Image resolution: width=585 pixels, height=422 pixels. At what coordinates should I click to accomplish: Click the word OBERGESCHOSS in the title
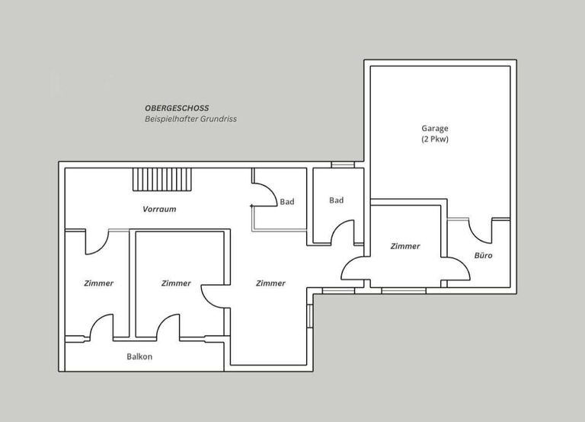click(177, 108)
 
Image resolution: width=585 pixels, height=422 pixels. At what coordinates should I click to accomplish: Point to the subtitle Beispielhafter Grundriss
click(190, 119)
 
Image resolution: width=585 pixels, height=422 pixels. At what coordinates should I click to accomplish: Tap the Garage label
click(435, 129)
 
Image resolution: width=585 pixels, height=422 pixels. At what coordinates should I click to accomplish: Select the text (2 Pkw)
click(435, 139)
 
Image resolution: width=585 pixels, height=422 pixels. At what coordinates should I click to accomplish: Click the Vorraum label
click(159, 209)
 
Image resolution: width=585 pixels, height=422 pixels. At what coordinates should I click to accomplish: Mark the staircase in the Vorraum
click(162, 180)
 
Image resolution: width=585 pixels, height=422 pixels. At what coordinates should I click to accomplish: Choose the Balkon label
click(139, 356)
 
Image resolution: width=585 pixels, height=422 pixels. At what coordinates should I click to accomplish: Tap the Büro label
click(483, 256)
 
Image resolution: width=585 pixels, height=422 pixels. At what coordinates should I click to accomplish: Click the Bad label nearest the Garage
click(336, 200)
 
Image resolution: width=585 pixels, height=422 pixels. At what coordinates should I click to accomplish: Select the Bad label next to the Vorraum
click(287, 202)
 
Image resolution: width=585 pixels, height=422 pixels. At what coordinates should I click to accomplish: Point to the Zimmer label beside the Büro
click(405, 246)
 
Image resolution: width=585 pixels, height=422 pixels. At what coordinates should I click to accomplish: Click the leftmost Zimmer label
click(98, 283)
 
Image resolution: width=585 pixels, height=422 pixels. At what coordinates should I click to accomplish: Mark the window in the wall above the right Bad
click(343, 165)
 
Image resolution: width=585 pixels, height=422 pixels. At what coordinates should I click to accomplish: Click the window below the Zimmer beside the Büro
click(404, 291)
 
